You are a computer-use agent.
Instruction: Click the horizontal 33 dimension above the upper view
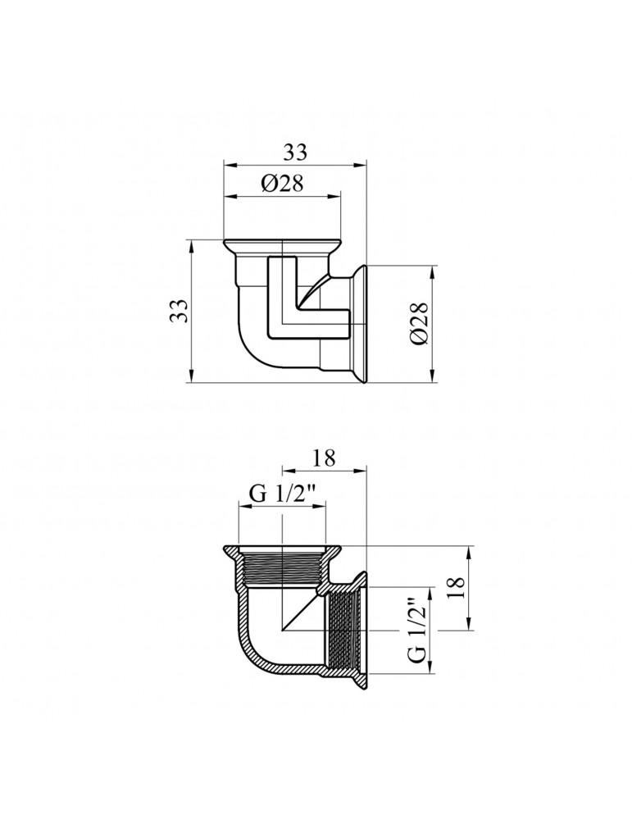[295, 153]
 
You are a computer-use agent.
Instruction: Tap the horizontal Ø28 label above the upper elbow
[283, 184]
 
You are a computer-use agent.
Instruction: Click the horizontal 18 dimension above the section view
[324, 458]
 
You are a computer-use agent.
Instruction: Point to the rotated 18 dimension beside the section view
[457, 588]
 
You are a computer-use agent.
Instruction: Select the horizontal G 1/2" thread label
[283, 494]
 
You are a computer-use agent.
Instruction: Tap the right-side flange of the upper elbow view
[359, 323]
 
